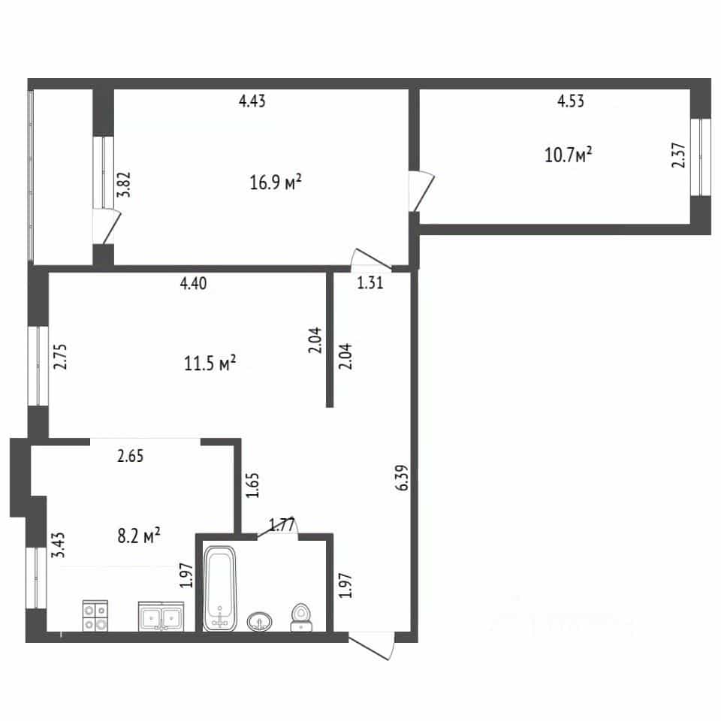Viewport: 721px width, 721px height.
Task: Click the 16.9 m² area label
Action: (276, 182)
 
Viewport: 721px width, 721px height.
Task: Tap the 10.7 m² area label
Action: (568, 155)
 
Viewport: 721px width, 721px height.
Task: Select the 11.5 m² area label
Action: (210, 364)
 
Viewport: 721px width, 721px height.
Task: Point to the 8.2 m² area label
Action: (139, 535)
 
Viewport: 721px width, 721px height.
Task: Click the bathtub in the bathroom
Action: (220, 588)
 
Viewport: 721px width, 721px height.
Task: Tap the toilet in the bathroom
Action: (301, 617)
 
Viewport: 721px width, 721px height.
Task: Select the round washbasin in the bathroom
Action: (260, 622)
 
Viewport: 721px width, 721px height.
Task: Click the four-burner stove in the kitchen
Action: (95, 616)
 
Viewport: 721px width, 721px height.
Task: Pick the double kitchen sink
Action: (161, 617)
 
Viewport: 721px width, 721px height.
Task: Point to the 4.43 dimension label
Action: (252, 101)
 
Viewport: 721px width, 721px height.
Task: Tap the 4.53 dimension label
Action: (571, 101)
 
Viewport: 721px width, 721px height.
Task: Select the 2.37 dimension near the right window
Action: (678, 155)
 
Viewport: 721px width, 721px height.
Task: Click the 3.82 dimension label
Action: (124, 185)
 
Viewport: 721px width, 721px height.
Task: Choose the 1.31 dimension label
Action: (370, 282)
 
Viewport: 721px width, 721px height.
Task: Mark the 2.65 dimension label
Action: (130, 456)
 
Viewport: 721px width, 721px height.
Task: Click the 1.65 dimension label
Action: (252, 485)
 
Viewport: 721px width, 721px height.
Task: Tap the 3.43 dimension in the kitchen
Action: (59, 545)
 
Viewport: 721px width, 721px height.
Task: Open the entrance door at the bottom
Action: (372, 646)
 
